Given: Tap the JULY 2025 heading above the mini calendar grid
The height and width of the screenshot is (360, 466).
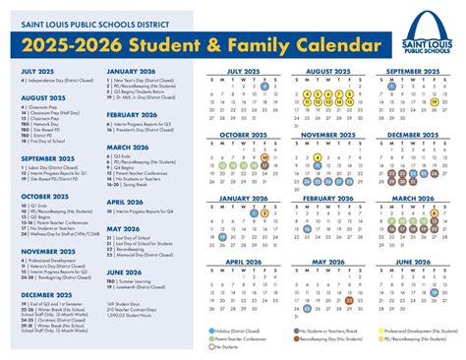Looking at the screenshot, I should tap(248, 72).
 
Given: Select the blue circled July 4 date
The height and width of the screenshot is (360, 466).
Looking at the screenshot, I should tap(265, 88).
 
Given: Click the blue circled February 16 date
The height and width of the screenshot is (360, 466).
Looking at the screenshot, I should tap(307, 223).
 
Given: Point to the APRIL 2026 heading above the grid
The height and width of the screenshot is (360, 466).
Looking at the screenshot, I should tap(248, 262).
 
